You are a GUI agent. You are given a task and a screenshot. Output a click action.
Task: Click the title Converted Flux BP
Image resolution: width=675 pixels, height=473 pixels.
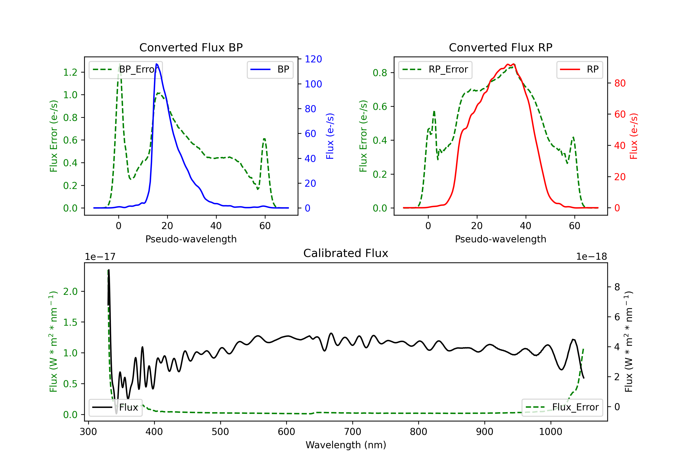(x=191, y=47)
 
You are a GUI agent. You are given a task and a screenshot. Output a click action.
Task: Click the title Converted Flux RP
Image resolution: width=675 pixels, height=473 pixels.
(x=500, y=47)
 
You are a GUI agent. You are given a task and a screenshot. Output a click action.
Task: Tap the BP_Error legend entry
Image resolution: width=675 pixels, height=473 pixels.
(x=126, y=69)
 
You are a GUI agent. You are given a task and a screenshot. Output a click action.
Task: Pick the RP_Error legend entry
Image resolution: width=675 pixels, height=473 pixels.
(x=435, y=69)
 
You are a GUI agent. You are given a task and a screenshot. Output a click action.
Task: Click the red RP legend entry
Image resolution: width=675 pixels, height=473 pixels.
(x=579, y=69)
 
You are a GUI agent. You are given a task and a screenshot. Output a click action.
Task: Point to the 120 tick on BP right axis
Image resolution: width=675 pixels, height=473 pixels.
(x=313, y=59)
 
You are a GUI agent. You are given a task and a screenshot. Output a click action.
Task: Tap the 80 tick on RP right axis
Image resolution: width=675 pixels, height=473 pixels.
(x=620, y=83)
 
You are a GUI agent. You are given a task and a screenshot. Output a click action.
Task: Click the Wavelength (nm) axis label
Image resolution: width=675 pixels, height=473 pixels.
(x=346, y=445)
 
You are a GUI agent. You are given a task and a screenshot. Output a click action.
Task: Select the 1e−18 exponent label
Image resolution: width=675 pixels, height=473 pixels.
(x=591, y=257)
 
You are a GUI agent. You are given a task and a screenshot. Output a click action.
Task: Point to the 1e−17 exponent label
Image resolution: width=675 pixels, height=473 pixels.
(x=100, y=257)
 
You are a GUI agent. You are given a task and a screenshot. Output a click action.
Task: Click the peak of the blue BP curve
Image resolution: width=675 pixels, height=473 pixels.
(x=157, y=64)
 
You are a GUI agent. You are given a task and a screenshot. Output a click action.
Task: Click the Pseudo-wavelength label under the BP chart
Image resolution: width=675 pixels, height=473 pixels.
(x=191, y=239)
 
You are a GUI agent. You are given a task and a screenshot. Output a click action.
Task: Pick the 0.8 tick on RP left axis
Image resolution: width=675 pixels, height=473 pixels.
(x=380, y=73)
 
